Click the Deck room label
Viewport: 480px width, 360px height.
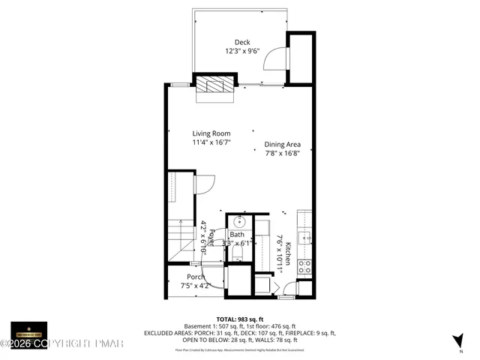[x=241, y=43]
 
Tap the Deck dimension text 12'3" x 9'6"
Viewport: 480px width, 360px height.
[x=241, y=52]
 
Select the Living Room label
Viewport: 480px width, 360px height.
[x=211, y=133]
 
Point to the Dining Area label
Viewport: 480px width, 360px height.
[x=282, y=145]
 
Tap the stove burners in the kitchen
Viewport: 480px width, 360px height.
[x=305, y=265]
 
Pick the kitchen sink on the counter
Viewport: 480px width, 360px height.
[x=305, y=238]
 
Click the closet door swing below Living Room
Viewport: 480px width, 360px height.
[x=205, y=184]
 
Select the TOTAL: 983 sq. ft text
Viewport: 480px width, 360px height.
[x=239, y=319]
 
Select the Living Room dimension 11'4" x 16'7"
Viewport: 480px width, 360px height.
[x=211, y=142]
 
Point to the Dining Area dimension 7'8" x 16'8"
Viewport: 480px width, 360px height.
[x=282, y=154]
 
